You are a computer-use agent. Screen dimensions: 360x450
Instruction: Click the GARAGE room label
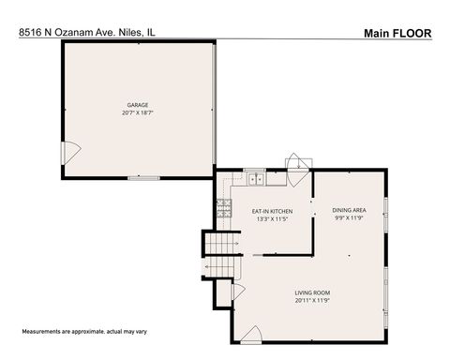click(x=138, y=105)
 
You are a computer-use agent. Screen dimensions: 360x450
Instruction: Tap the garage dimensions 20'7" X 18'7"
click(x=138, y=112)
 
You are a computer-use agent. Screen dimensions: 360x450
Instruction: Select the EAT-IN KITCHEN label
click(x=272, y=212)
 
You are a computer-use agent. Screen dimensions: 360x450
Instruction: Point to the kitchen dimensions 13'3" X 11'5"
click(x=272, y=219)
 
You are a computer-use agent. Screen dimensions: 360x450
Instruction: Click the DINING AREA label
click(x=349, y=210)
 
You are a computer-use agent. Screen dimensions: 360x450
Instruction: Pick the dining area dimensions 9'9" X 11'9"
click(x=349, y=217)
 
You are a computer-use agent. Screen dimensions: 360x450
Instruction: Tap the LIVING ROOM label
click(x=312, y=293)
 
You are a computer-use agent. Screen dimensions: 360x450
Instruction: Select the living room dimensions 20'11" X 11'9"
click(x=312, y=301)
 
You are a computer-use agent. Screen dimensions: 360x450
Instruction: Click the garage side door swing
click(x=70, y=151)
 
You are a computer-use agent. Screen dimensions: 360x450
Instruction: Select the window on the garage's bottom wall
click(x=142, y=177)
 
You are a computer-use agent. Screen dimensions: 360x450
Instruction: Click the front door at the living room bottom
click(x=251, y=334)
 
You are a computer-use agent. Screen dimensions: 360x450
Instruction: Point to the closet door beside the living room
click(x=238, y=292)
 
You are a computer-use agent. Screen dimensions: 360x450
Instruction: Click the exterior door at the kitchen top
click(x=297, y=162)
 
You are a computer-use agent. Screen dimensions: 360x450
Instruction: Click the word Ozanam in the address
click(x=71, y=32)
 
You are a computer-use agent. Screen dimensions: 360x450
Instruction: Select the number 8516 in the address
click(x=31, y=32)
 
